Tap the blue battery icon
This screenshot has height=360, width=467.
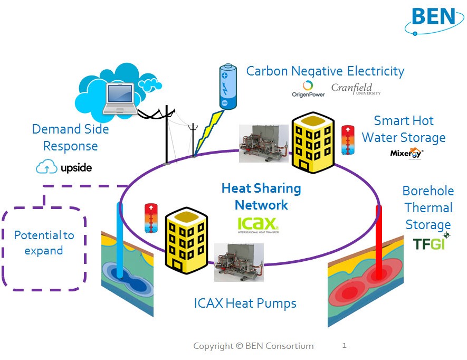point(225,87)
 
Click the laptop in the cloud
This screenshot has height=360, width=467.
point(120,97)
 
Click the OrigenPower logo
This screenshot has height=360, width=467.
point(308,89)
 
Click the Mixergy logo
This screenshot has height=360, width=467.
point(406,153)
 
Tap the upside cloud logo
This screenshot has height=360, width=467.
point(64,167)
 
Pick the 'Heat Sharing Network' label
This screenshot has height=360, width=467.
point(261,196)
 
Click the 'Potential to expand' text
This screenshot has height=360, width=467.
point(44,242)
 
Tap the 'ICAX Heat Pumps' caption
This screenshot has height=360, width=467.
point(245,303)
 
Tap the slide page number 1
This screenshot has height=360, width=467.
point(344,346)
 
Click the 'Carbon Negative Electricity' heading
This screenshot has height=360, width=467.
point(325,71)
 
